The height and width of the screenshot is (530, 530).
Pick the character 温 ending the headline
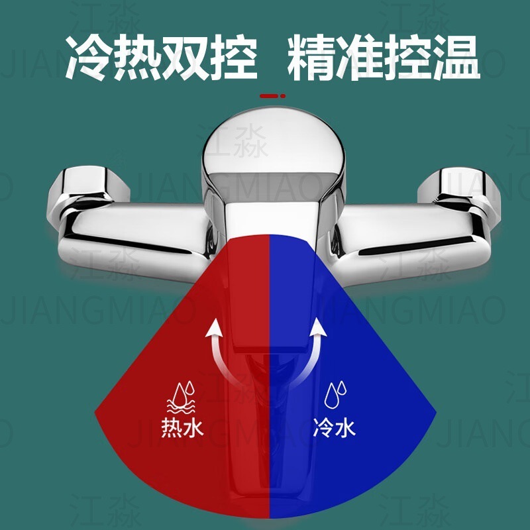coord(456,58)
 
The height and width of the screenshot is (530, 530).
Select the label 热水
coord(182,428)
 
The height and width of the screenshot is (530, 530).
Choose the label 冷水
coord(333,428)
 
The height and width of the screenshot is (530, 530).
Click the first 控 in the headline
coord(233,58)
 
